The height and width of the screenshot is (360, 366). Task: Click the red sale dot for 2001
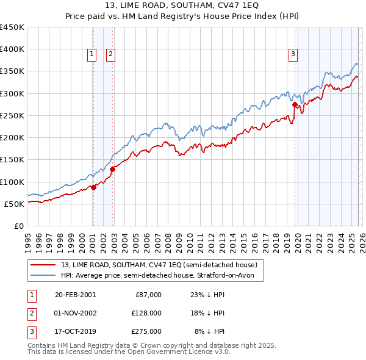pyautogui.click(x=93, y=187)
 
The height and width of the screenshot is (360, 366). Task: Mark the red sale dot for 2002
pyautogui.click(x=112, y=169)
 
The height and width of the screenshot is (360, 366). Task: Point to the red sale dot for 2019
pyautogui.click(x=295, y=104)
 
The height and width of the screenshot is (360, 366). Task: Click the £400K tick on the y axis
pyautogui.click(x=12, y=49)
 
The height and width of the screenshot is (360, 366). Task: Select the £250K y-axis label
pyautogui.click(x=12, y=115)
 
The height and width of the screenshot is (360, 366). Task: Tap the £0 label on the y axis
pyautogui.click(x=20, y=226)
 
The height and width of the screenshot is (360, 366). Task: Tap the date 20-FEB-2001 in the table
pyautogui.click(x=75, y=295)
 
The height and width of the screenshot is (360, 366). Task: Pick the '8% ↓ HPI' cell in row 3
pyautogui.click(x=210, y=331)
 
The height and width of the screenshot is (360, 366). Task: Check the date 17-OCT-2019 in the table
pyautogui.click(x=75, y=331)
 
